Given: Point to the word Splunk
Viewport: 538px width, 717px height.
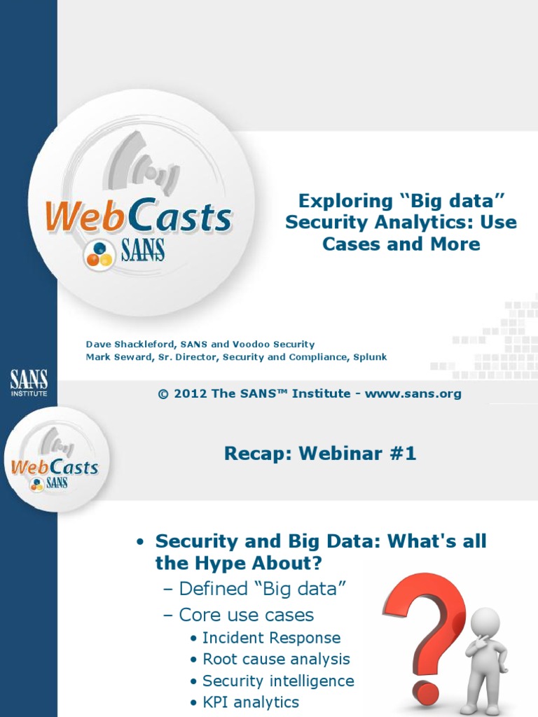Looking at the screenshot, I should click(370, 357).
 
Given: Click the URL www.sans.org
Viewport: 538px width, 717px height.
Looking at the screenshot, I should click(413, 394).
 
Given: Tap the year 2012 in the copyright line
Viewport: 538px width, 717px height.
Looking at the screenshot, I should click(191, 394).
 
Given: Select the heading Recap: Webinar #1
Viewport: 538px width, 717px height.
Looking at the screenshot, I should click(320, 454).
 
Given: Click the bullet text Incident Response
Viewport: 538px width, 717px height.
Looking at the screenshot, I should click(271, 638).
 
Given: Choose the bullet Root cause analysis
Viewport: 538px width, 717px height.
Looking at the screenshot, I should click(276, 659).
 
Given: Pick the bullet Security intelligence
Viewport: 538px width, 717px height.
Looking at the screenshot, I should click(278, 681).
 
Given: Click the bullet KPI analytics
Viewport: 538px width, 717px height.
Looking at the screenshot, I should click(251, 702).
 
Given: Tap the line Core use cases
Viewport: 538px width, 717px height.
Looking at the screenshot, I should click(246, 615).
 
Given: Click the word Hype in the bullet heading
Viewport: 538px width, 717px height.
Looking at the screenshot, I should click(208, 563).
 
